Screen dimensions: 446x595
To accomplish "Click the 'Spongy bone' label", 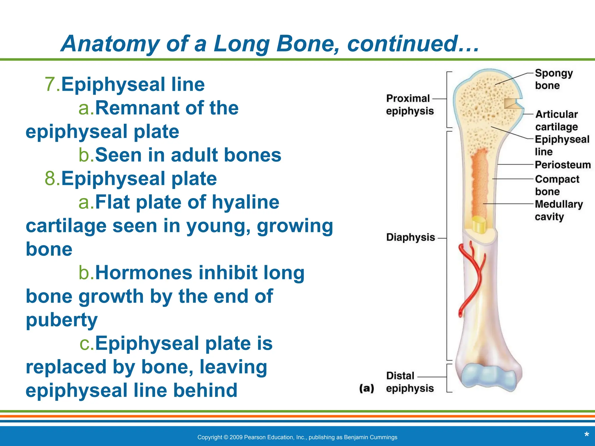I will click(x=553, y=79).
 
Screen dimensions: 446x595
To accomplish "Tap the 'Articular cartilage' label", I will click(x=556, y=121).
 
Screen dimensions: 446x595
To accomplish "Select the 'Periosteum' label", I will click(x=563, y=165).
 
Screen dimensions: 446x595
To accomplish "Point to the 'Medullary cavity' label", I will click(x=558, y=210).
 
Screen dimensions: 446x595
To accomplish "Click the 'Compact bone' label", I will click(x=557, y=185).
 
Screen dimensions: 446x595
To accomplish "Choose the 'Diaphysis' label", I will click(x=410, y=238).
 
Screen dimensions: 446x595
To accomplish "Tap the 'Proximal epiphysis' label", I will click(x=409, y=105).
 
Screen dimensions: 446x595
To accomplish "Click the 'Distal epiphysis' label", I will click(x=409, y=382).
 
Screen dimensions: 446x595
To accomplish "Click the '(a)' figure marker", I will click(x=366, y=388).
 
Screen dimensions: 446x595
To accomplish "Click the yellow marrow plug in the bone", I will click(x=478, y=224).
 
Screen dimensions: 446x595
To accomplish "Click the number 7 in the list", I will click(x=51, y=84).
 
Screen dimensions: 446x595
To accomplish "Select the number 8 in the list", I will click(x=51, y=178).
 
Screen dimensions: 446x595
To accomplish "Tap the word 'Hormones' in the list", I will click(x=144, y=273).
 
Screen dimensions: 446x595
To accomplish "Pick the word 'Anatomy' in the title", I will click(x=110, y=44).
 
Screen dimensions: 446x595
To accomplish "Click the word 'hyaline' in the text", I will click(x=245, y=202).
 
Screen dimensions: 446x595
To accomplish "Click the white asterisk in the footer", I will click(x=586, y=435).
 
